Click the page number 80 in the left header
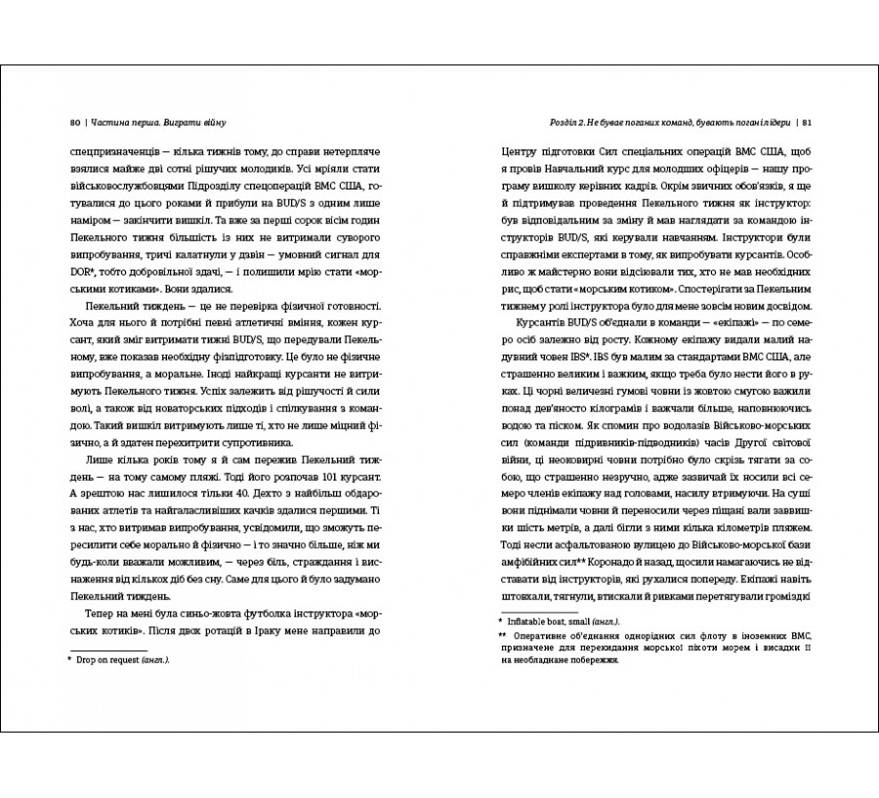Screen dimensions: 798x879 point(75,122)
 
